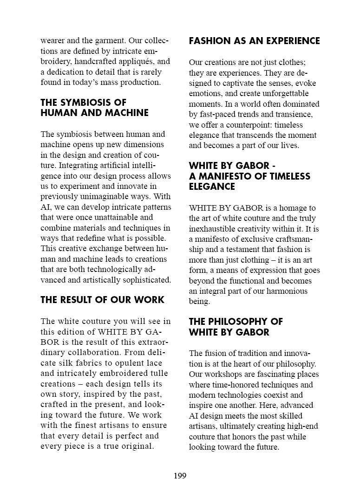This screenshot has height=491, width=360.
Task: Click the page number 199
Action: coord(180,476)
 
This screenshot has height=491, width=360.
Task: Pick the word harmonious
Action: coord(284,291)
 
